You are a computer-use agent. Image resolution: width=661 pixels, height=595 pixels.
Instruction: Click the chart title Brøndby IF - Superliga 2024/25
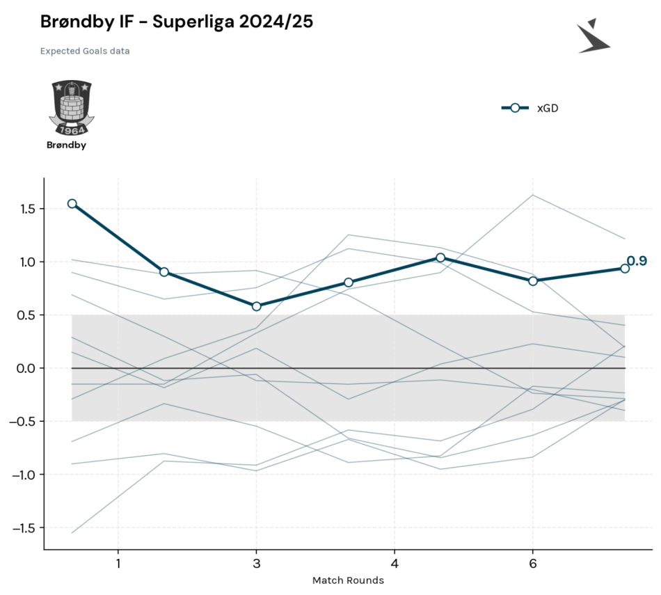[x=177, y=22]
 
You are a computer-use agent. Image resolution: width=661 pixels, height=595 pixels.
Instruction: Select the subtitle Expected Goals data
[x=85, y=51]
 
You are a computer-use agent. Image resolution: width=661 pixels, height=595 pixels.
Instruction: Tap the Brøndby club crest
[x=72, y=108]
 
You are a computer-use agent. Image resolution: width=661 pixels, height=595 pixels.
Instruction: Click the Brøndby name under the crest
[x=66, y=145]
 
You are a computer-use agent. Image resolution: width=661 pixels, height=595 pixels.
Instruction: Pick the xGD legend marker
[x=515, y=108]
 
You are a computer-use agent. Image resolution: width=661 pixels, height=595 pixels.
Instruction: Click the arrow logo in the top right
[x=593, y=36]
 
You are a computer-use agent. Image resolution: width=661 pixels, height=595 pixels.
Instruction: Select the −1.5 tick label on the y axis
[x=25, y=528]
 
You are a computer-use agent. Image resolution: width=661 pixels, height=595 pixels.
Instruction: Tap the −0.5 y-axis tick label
[x=25, y=422]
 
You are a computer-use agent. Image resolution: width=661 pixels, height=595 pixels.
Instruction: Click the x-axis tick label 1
[x=118, y=564]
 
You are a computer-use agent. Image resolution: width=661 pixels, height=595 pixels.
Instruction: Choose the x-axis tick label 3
[x=256, y=564]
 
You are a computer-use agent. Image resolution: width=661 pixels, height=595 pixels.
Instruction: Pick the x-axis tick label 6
[x=533, y=564]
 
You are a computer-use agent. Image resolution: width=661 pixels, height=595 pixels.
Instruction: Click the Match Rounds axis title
[x=348, y=580]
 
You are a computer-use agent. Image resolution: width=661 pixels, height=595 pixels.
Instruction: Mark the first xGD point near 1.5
[x=72, y=204]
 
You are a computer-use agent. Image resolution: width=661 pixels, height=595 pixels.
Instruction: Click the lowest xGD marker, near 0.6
[x=256, y=307]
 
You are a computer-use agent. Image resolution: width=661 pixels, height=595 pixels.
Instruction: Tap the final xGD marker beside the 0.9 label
[x=625, y=269]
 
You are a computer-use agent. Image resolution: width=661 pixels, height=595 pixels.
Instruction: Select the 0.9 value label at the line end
[x=637, y=261]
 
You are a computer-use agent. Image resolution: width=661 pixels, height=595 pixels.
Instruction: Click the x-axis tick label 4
[x=395, y=564]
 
